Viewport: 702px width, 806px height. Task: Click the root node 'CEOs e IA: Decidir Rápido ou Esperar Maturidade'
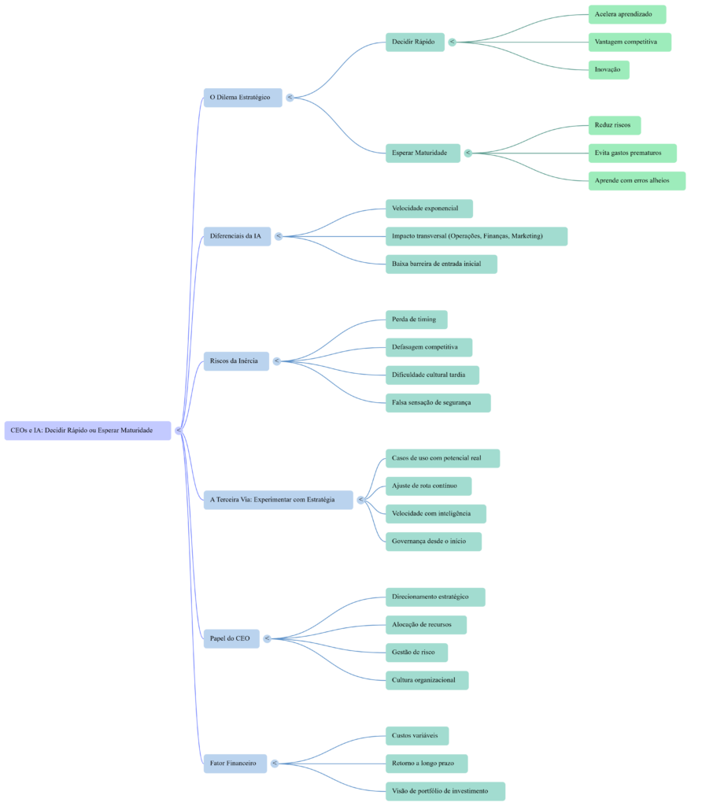(x=87, y=431)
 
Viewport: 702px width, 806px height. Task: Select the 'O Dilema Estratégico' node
(x=242, y=98)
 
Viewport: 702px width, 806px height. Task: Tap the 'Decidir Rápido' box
(x=414, y=42)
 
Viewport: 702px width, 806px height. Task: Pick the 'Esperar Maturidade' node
(x=422, y=153)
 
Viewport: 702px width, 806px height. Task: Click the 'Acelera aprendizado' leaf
(x=626, y=14)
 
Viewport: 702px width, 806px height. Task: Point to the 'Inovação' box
(x=608, y=70)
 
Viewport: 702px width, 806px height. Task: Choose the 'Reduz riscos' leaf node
(x=614, y=125)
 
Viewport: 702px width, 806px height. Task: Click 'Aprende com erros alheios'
(x=636, y=181)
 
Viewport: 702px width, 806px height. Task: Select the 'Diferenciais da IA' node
(x=237, y=236)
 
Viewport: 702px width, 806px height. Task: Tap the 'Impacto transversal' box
(x=475, y=236)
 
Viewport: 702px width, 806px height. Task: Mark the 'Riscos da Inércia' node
(x=236, y=361)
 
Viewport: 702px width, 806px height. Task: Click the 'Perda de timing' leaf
(x=416, y=320)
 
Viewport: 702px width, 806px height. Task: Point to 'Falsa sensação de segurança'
(x=438, y=403)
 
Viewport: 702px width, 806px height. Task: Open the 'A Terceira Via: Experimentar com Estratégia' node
(x=278, y=500)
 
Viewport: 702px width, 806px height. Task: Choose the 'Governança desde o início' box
(x=433, y=542)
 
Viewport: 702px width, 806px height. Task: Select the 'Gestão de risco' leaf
(x=416, y=653)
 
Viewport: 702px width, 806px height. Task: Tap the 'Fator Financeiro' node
(x=235, y=763)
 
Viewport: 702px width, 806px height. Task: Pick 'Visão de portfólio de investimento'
(x=444, y=791)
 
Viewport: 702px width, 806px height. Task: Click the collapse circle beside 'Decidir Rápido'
(x=452, y=42)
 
